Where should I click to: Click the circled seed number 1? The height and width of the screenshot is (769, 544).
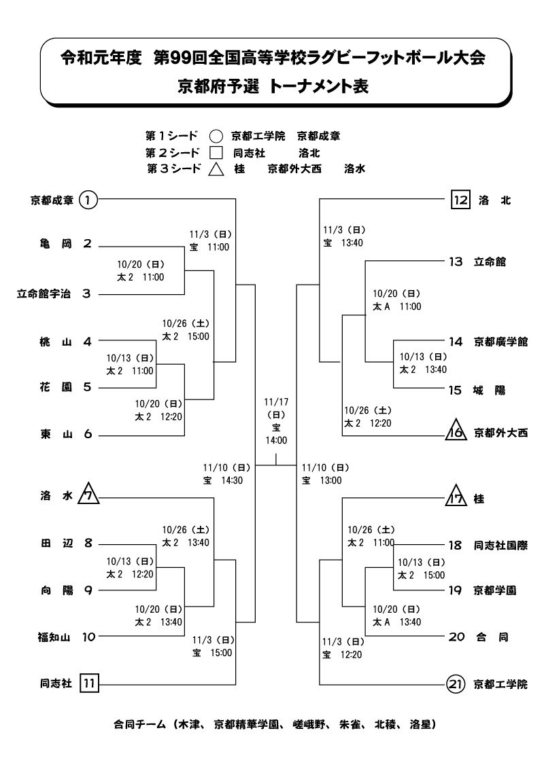tap(88, 200)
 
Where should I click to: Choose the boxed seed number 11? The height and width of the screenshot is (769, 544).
tap(89, 683)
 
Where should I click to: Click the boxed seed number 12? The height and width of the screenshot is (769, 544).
tap(461, 200)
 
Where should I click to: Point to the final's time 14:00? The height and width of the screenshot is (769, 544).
tap(277, 440)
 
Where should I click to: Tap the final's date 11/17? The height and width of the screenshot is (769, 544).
tap(277, 401)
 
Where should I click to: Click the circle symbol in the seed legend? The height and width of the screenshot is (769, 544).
tap(216, 136)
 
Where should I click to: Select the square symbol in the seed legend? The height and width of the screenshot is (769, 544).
tap(216, 153)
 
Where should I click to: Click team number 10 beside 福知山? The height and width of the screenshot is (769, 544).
tap(88, 637)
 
